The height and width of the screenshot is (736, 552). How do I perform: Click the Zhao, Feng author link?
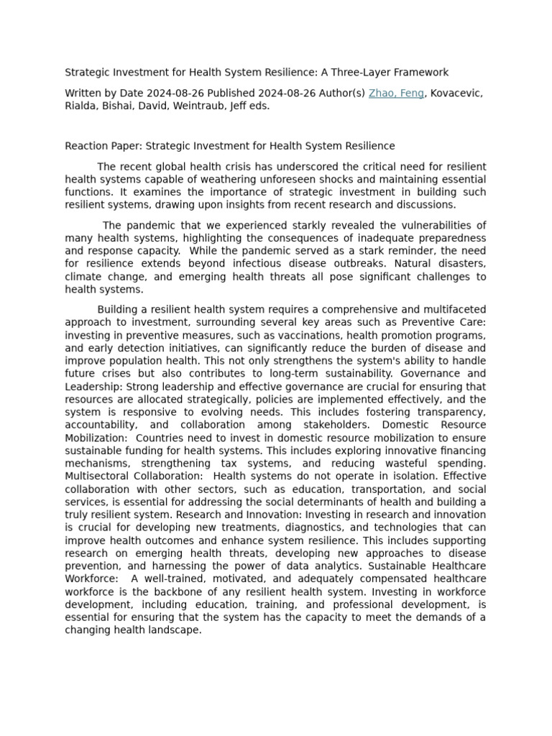[396, 93]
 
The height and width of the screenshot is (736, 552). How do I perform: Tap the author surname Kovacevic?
[456, 93]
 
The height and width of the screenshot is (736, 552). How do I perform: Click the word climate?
[83, 277]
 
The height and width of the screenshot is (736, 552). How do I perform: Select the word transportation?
[341, 489]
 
